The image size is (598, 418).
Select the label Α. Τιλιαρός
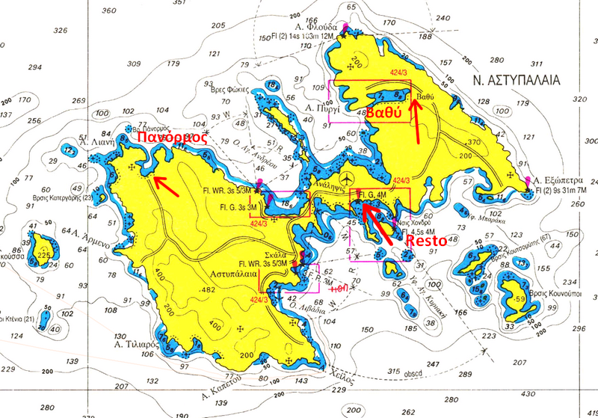135,345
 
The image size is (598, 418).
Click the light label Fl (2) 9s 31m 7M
562,192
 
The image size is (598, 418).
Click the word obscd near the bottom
414,373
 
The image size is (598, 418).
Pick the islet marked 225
44,255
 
